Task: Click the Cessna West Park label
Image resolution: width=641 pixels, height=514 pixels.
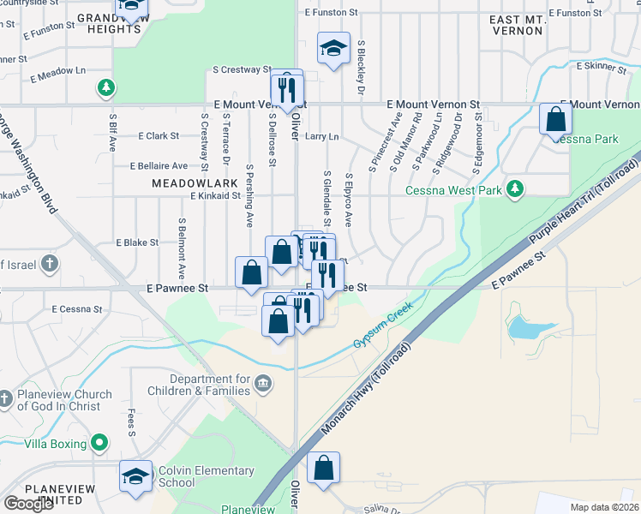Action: click(x=453, y=190)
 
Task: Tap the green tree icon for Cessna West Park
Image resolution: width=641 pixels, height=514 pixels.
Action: click(x=514, y=188)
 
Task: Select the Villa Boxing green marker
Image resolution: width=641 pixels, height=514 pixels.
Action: click(x=99, y=444)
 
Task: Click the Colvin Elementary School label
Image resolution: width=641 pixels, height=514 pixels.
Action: click(x=206, y=476)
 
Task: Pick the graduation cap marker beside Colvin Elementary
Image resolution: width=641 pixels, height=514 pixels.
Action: click(x=135, y=476)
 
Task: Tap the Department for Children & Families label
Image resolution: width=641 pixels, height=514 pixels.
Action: click(x=210, y=385)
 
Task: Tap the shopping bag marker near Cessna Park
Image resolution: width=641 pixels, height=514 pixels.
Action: click(x=555, y=118)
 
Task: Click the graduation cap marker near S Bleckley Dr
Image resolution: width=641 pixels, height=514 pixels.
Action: click(x=333, y=48)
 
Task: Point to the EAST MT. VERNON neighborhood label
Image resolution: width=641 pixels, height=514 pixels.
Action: click(x=517, y=24)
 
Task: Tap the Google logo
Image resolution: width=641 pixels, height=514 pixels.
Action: click(x=28, y=503)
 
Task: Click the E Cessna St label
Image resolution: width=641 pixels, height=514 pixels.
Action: click(x=76, y=309)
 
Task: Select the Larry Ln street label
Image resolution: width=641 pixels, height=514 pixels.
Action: click(x=322, y=136)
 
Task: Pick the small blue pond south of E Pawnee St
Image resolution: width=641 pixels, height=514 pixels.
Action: click(x=524, y=326)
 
